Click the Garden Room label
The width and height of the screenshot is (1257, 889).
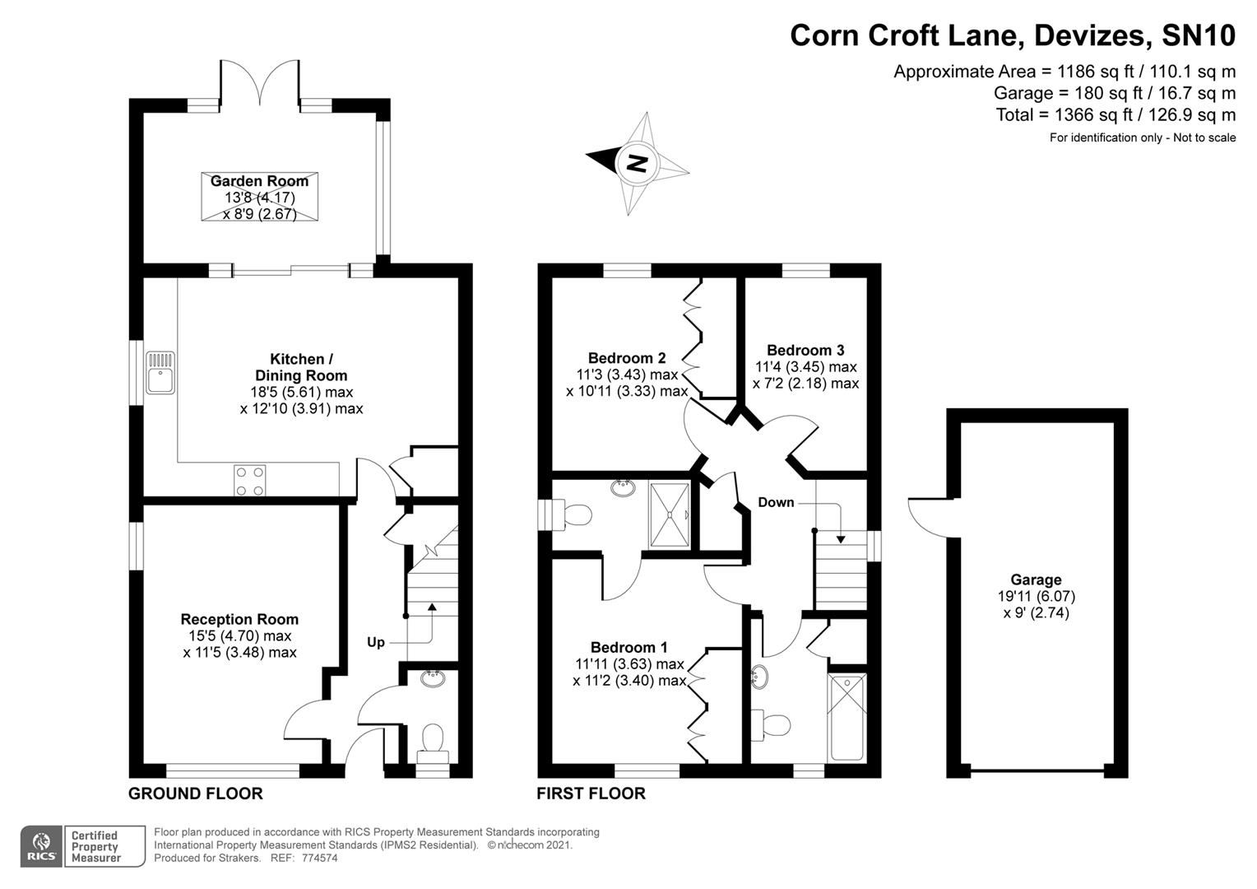point(259,181)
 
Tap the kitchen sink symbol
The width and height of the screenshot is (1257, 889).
point(160,372)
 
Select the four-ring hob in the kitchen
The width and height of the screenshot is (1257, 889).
point(249,481)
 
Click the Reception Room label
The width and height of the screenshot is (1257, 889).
point(239,619)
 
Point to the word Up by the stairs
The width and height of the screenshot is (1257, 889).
point(375,642)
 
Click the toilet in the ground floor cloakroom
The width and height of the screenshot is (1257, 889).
point(432,738)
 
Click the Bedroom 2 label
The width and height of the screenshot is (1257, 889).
point(627,358)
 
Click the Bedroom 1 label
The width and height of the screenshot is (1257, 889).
point(629,647)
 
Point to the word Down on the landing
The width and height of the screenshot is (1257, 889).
point(776,502)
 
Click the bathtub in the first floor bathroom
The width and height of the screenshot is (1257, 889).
point(847,717)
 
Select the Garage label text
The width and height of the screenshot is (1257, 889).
point(1036,579)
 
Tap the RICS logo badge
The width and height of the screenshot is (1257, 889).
point(41,845)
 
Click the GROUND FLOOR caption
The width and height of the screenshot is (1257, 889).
point(196,794)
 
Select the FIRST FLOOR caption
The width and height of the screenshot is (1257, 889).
point(591,794)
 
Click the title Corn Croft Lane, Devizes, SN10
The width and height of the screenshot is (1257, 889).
point(1013,35)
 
